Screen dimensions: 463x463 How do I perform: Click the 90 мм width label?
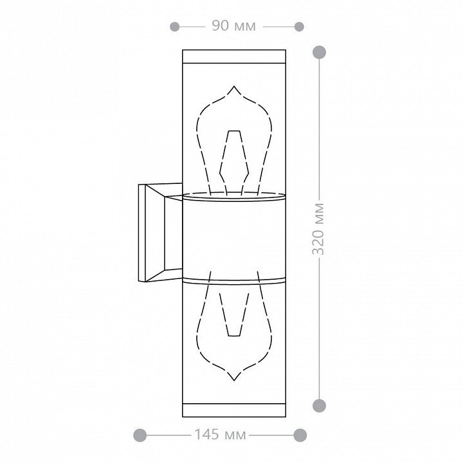(x=233, y=26)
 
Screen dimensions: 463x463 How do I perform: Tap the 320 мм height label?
(x=318, y=228)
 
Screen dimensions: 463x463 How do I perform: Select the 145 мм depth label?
(x=220, y=434)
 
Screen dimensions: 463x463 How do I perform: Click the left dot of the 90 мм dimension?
(x=174, y=26)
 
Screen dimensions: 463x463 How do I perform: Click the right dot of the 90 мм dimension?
(x=299, y=26)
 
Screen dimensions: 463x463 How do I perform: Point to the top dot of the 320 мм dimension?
(x=319, y=52)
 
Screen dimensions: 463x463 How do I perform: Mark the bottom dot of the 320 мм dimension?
(x=319, y=405)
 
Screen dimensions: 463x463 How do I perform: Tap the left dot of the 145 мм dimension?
(x=140, y=435)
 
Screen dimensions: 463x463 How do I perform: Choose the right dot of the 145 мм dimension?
(x=300, y=435)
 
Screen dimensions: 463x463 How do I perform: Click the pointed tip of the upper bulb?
(x=234, y=86)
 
